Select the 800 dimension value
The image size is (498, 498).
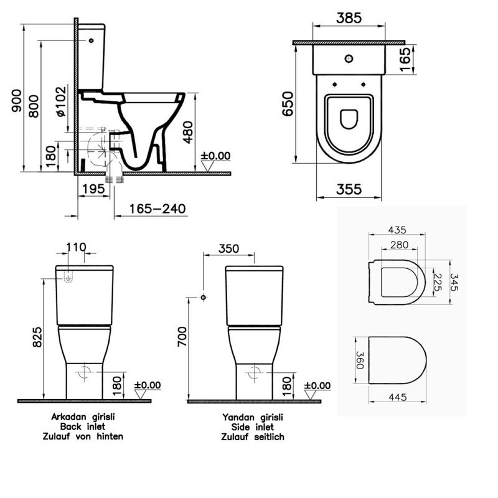34,106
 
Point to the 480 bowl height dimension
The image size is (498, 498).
189,133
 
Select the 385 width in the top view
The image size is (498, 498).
349,18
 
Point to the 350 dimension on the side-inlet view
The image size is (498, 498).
228,248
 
